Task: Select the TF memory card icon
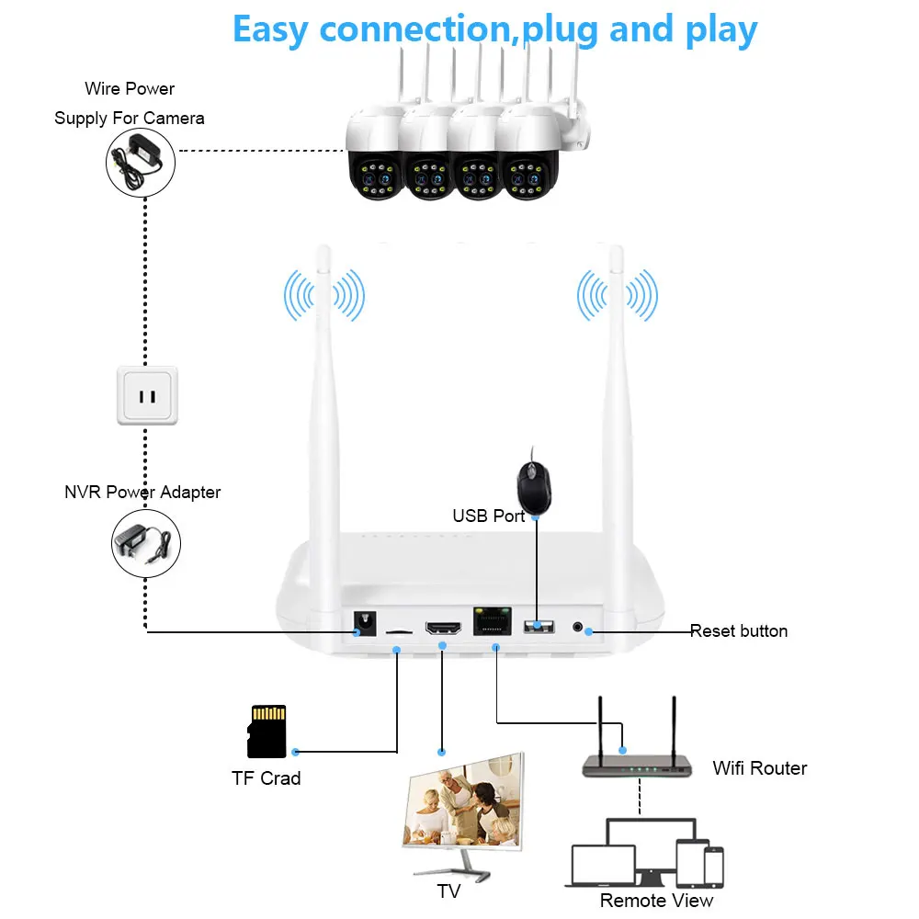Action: (x=267, y=732)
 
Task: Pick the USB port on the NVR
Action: (x=539, y=627)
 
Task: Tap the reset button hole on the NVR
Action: (x=578, y=628)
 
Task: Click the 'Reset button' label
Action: (x=739, y=631)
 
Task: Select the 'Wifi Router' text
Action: (x=759, y=768)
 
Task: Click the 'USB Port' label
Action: (x=489, y=516)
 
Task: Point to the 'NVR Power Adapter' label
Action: (x=142, y=493)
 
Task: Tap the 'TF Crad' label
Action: (x=266, y=778)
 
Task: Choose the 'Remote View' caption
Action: (x=656, y=901)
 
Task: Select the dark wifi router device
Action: (x=638, y=764)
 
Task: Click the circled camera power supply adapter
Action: (x=141, y=159)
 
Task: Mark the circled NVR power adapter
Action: (x=146, y=544)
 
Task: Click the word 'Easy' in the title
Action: (x=271, y=29)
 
